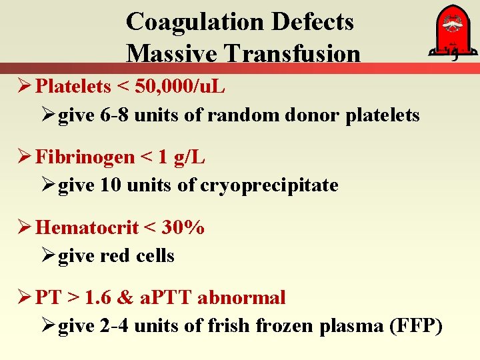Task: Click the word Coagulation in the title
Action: click(x=197, y=21)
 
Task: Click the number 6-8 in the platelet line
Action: click(x=115, y=115)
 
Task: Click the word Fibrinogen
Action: click(x=85, y=157)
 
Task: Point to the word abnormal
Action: click(x=246, y=297)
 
